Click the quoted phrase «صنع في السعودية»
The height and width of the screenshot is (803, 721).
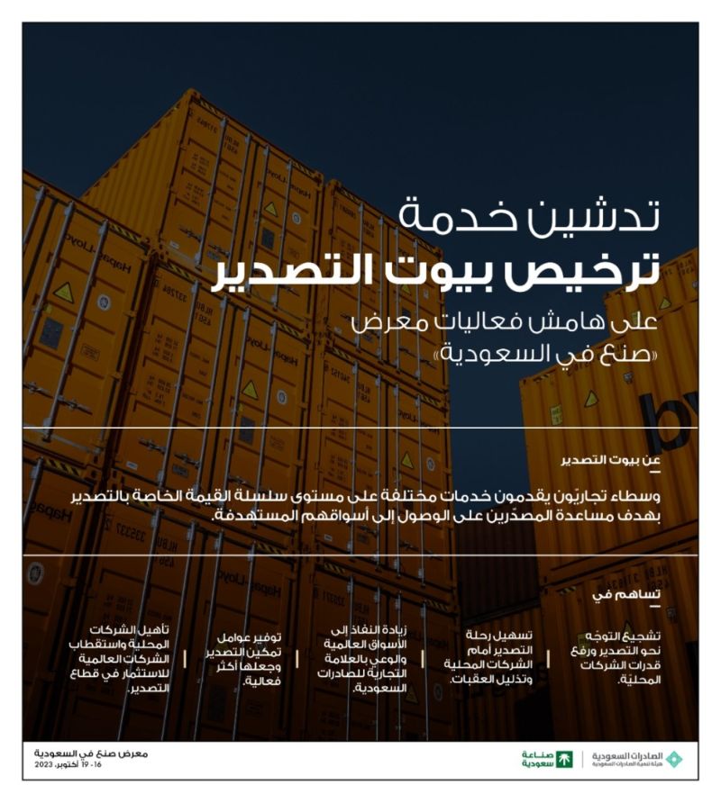click(531, 352)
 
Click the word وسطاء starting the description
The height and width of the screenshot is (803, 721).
click(663, 499)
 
